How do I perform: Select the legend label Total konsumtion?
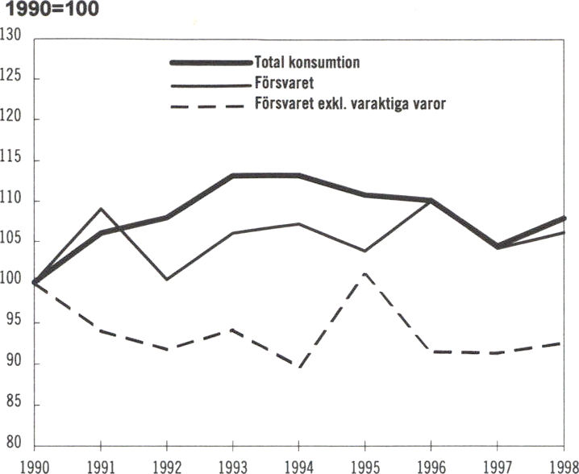[x=307, y=61]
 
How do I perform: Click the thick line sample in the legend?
[x=210, y=62]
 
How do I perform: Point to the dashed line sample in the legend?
[x=210, y=105]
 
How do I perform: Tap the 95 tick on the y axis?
[x=12, y=322]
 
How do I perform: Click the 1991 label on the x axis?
[x=100, y=465]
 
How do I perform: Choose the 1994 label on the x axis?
[x=298, y=465]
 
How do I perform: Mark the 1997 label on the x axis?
[x=497, y=465]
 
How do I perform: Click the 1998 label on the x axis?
[x=562, y=465]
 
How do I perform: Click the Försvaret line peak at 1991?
[x=100, y=209]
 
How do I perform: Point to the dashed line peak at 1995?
[x=365, y=274]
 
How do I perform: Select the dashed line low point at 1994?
[x=299, y=367]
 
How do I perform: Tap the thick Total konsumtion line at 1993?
[x=233, y=175]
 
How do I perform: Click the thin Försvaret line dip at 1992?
[x=166, y=279]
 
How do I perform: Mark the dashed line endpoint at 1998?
[x=563, y=343]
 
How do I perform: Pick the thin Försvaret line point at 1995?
[x=365, y=251]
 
